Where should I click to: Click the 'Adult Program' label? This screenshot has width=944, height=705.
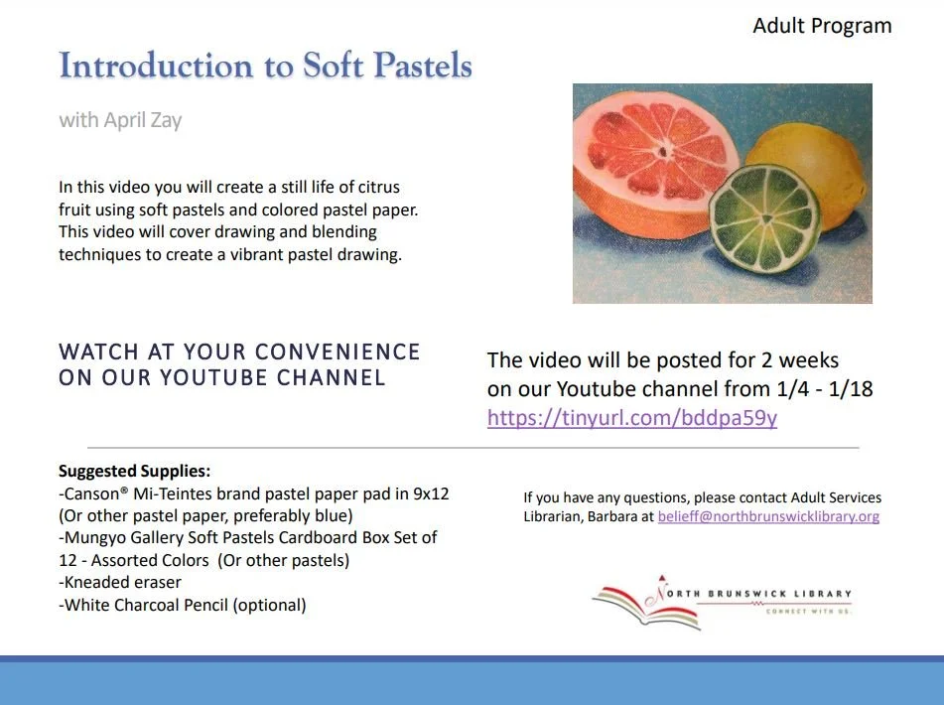822,26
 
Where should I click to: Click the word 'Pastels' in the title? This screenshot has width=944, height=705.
415,67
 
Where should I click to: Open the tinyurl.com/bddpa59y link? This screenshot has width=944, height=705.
631,418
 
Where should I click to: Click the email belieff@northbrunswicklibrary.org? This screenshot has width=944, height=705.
768,516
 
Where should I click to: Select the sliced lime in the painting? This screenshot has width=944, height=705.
763,218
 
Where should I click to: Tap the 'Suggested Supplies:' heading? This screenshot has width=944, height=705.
134,472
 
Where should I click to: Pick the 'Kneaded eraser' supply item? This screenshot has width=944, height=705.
120,582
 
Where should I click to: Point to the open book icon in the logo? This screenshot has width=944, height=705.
644,606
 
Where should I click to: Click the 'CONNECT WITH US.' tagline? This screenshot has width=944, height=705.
808,612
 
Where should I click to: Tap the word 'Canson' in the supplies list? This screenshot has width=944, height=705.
95,493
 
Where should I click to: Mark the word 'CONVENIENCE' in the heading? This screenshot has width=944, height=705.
337,352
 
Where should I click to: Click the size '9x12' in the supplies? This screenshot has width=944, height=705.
430,493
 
